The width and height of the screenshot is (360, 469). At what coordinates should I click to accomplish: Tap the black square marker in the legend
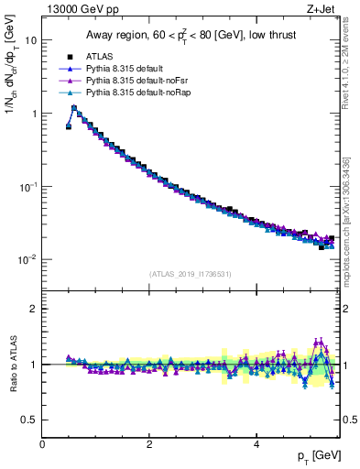pyautogui.click(x=71, y=57)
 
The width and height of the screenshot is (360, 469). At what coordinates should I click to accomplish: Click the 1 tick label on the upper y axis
pyautogui.click(x=34, y=114)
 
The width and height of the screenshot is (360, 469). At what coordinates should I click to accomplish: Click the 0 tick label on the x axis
pyautogui.click(x=42, y=444)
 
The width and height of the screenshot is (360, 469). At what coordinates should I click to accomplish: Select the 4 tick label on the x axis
pyautogui.click(x=256, y=444)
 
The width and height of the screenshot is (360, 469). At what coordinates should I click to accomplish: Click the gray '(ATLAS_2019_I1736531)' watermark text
pyautogui.click(x=190, y=274)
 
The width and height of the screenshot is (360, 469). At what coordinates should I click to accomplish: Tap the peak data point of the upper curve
pyautogui.click(x=74, y=107)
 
